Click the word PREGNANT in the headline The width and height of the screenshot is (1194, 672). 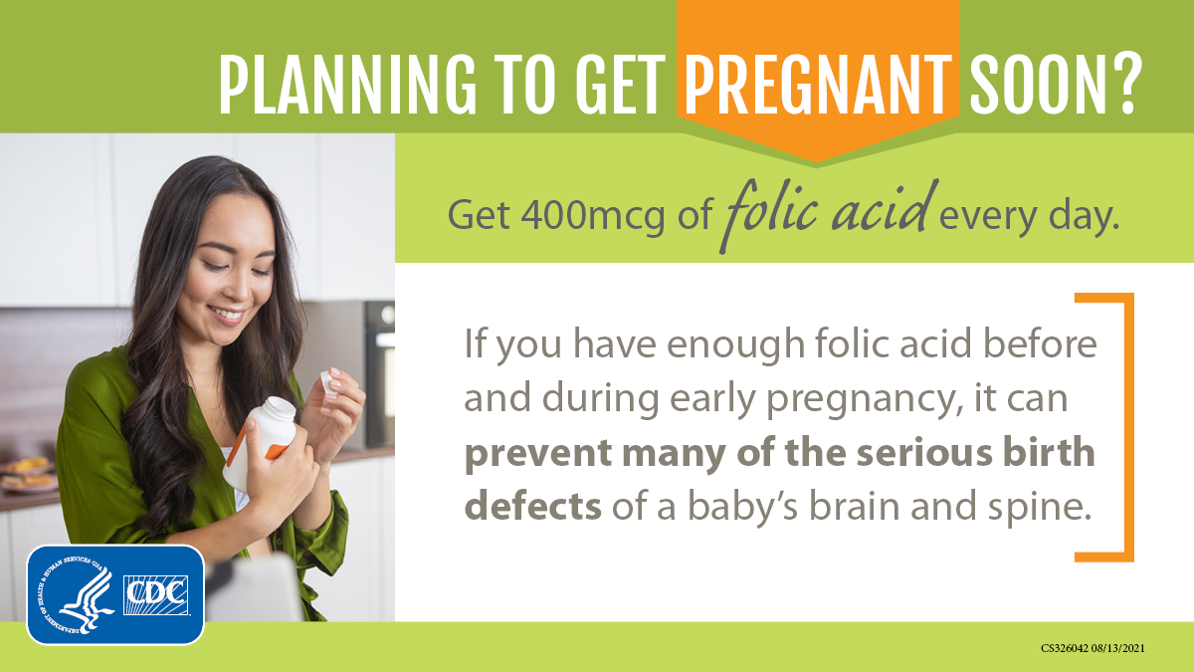click(818, 84)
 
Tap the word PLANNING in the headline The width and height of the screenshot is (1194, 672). click(347, 84)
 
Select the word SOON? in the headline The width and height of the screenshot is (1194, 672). click(1056, 84)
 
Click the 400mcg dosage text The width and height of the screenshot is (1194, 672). click(593, 215)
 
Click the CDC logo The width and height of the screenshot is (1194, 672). click(156, 595)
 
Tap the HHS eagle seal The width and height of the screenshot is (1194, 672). click(76, 594)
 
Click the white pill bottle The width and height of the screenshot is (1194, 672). click(261, 442)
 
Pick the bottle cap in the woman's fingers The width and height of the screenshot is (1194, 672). click(327, 385)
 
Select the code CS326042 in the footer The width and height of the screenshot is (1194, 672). click(1064, 648)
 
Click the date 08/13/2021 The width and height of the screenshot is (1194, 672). click(1117, 648)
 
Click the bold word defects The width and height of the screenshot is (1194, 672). click(533, 506)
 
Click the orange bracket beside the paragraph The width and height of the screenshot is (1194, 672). click(1129, 427)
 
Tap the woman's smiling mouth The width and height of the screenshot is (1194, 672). click(229, 315)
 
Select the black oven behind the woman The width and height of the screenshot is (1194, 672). click(379, 373)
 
